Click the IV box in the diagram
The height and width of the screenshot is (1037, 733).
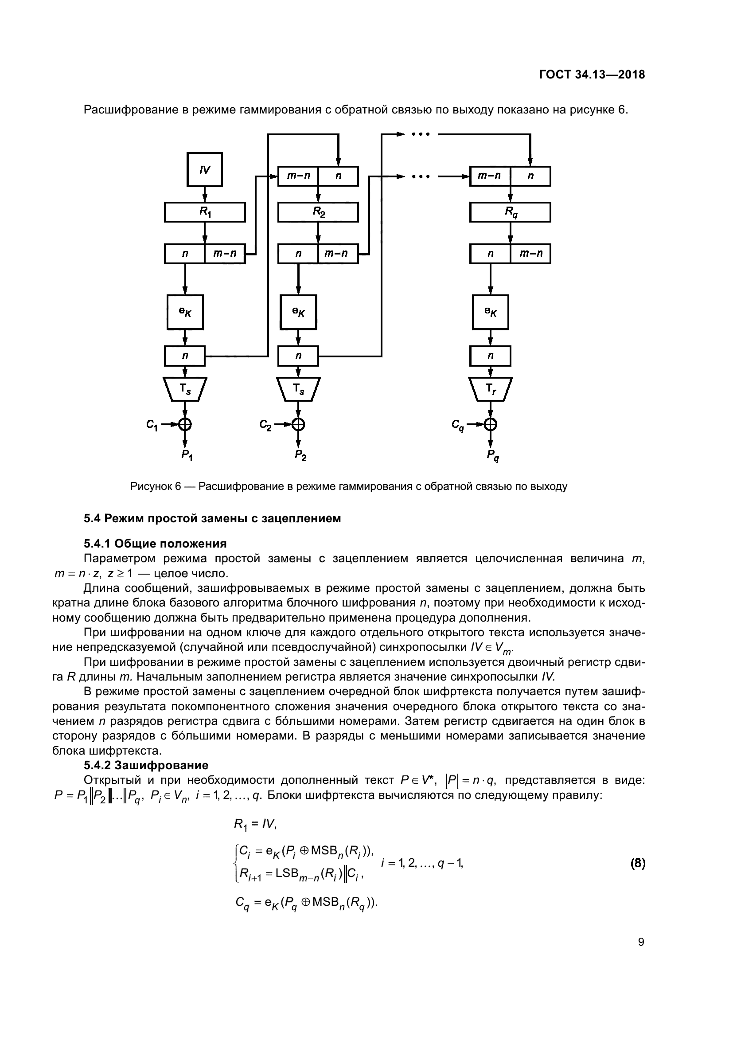[204, 169]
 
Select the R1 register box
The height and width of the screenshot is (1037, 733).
[204, 212]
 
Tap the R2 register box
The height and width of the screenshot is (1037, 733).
[318, 212]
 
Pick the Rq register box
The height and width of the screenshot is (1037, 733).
[510, 212]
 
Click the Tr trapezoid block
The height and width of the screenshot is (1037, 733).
[490, 389]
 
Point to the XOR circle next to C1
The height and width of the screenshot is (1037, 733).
[185, 424]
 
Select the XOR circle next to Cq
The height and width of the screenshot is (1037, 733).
[491, 424]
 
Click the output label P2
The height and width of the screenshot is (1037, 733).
[300, 455]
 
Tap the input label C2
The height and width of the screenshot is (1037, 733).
[265, 425]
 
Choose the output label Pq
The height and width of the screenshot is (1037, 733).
[493, 455]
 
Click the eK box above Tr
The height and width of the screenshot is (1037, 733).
[490, 312]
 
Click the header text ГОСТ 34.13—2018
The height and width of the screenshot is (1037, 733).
[592, 74]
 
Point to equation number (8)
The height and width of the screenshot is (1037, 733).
[637, 864]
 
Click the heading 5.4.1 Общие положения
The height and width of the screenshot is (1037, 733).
[155, 544]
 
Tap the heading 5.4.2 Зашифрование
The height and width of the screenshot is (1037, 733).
[146, 765]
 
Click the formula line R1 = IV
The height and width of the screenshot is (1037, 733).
[255, 824]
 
